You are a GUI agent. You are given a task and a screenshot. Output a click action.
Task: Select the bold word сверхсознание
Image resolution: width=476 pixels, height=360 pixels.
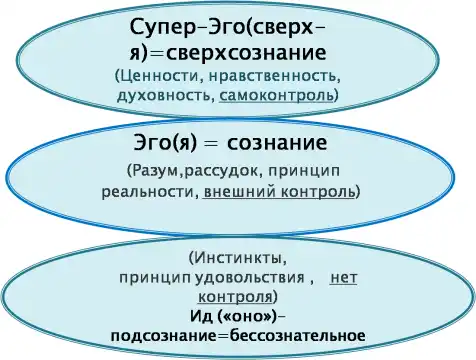coord(246,53)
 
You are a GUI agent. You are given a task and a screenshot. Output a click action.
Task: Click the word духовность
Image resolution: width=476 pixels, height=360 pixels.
coord(165,96)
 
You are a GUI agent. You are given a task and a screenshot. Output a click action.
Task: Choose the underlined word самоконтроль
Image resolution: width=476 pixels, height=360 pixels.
coord(276,96)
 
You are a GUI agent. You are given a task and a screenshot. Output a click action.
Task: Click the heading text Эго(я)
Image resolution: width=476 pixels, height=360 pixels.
coord(165,144)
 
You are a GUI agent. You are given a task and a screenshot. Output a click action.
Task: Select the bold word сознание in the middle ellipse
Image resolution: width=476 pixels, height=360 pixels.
coord(277,143)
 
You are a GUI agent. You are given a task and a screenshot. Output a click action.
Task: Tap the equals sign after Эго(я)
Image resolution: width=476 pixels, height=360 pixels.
coord(212,144)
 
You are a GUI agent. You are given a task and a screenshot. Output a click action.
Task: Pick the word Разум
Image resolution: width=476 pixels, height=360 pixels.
coord(156,171)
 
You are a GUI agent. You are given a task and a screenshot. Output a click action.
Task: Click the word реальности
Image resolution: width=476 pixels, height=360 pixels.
coord(148,192)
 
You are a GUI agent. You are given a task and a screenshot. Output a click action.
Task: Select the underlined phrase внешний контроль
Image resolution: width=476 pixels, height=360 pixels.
coord(279,192)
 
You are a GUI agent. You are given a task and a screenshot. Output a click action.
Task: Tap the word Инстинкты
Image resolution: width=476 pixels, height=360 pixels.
coord(238,258)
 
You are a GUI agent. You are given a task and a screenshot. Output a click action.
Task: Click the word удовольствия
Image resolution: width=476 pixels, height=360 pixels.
coord(249,278)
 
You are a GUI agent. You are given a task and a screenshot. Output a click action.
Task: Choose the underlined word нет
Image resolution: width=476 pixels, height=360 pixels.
coord(343,279)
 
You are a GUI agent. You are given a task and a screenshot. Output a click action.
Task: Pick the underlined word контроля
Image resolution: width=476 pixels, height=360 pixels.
coord(235,296)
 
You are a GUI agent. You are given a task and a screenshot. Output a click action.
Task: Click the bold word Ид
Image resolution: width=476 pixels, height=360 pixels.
coord(201,316)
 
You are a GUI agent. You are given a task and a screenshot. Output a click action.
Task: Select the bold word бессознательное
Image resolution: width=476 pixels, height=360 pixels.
coord(298,335)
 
